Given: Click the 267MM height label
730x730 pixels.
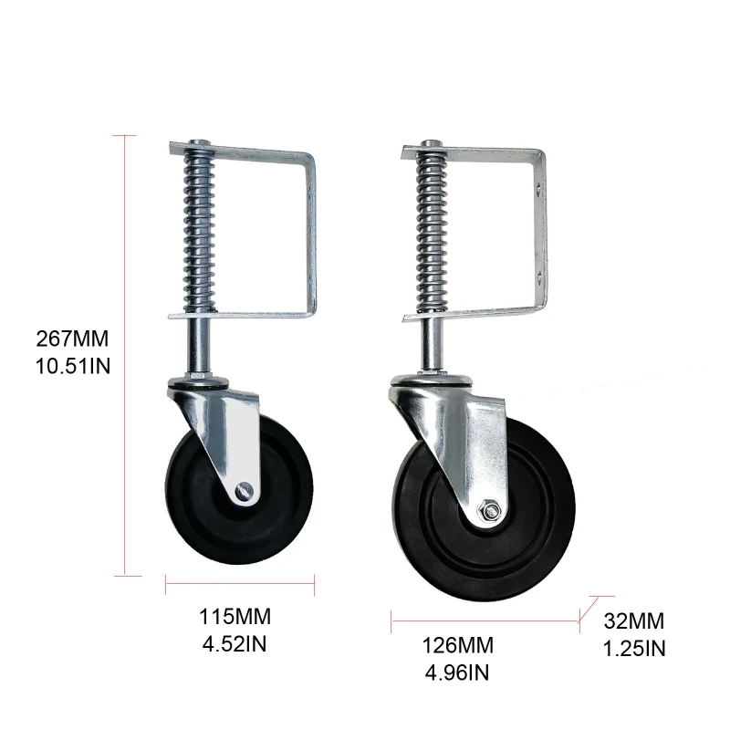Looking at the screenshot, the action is (x=72, y=339).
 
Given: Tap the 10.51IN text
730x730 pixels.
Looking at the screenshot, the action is (x=73, y=366).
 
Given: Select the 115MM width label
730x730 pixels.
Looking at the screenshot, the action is (x=235, y=617).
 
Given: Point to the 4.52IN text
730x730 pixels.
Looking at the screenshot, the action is (x=235, y=644).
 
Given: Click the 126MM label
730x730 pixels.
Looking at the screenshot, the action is (x=458, y=645).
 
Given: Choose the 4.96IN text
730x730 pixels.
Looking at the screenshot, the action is (x=457, y=673).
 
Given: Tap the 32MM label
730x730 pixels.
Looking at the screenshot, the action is (x=634, y=621).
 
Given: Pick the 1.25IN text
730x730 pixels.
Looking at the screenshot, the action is (x=634, y=649).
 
